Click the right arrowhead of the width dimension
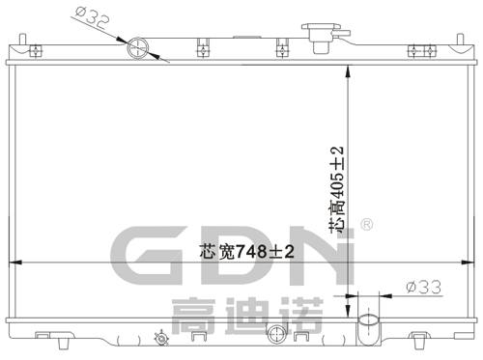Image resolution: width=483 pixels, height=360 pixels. pos(469,262)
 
